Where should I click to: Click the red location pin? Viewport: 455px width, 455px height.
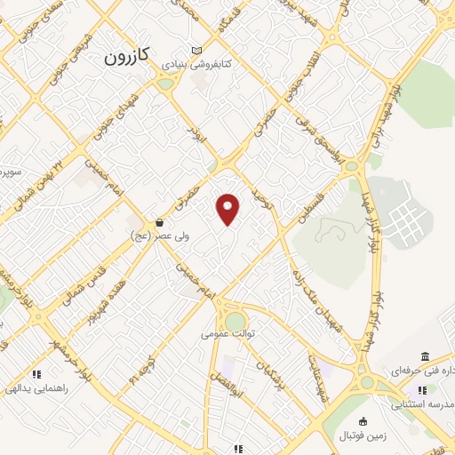[x=229, y=208]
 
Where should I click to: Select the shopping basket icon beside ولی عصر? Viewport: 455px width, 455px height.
[x=159, y=222]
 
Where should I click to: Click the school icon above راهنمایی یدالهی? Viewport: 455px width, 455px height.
[x=36, y=374]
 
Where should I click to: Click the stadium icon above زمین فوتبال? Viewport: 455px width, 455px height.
[x=362, y=421]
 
